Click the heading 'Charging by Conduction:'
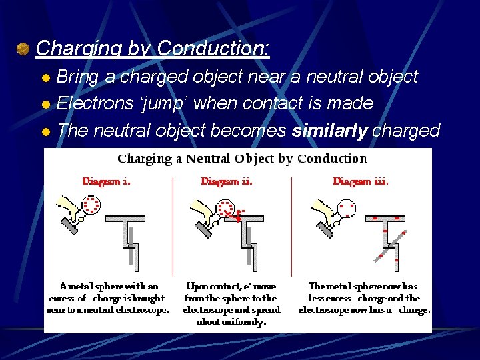pyautogui.click(x=153, y=48)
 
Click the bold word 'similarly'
pyautogui.click(x=329, y=130)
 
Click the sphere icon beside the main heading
pyautogui.click(x=23, y=49)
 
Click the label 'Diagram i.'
pyautogui.click(x=106, y=181)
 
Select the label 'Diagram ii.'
pyautogui.click(x=227, y=181)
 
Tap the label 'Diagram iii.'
pyautogui.click(x=360, y=181)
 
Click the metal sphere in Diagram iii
pyautogui.click(x=346, y=209)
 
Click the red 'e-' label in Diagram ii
pyautogui.click(x=241, y=211)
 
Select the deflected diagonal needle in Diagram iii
pyautogui.click(x=391, y=243)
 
